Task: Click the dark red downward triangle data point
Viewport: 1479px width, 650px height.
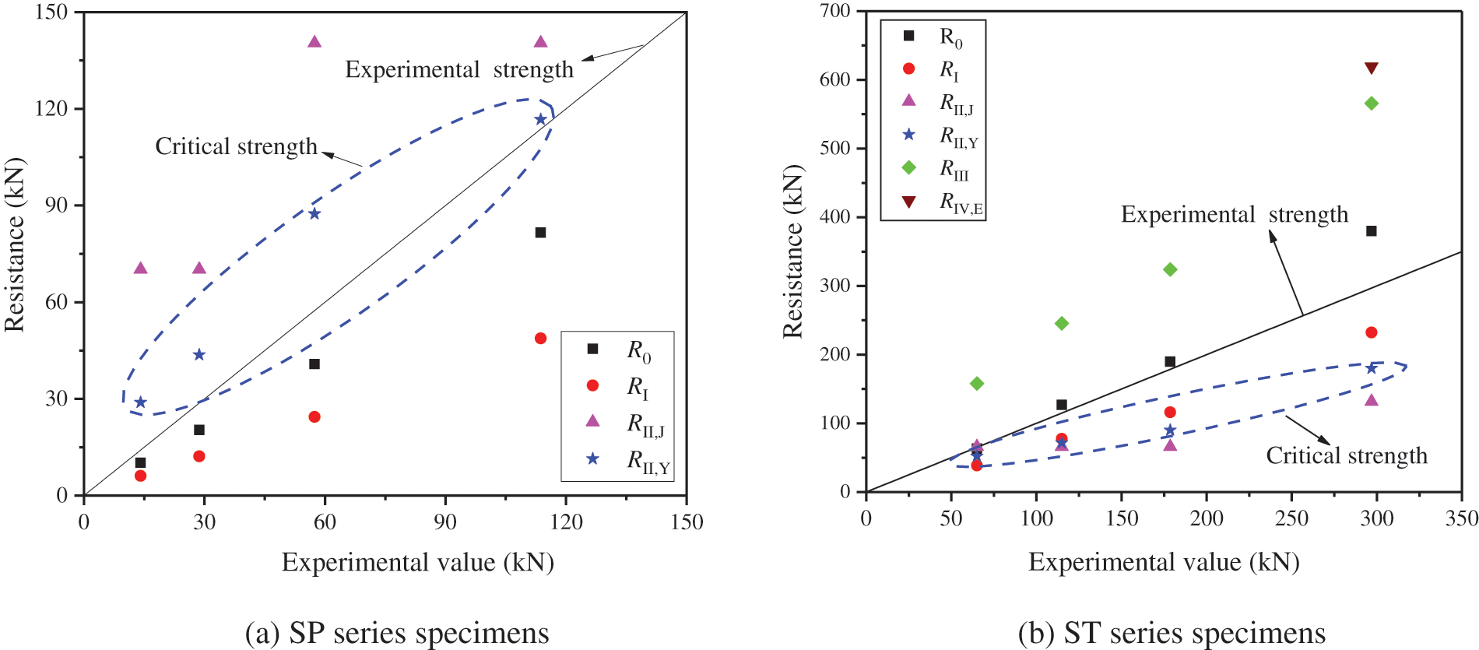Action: click(x=1372, y=69)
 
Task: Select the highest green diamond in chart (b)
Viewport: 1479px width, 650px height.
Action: click(x=1372, y=104)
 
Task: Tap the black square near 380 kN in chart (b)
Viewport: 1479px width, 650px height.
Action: click(x=1372, y=231)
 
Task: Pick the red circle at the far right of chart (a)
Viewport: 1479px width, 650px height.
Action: click(x=541, y=339)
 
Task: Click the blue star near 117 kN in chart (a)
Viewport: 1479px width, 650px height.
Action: click(x=541, y=120)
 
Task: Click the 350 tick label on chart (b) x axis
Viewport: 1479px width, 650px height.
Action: click(x=1461, y=519)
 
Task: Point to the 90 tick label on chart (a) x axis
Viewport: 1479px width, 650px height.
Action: click(x=445, y=522)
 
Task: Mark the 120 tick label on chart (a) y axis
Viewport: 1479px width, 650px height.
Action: click(x=51, y=109)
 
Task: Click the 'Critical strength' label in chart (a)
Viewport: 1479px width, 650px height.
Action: click(x=236, y=146)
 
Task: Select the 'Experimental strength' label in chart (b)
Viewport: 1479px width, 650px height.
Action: click(x=1234, y=215)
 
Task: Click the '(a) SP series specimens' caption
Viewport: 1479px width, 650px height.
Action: click(x=397, y=633)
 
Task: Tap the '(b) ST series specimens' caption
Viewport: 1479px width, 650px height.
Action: click(x=1172, y=633)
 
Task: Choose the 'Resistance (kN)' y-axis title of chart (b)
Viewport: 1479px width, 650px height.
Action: click(x=792, y=251)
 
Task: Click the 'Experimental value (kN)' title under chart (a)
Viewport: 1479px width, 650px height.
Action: click(x=417, y=562)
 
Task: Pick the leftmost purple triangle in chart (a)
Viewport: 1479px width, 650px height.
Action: click(x=141, y=269)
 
